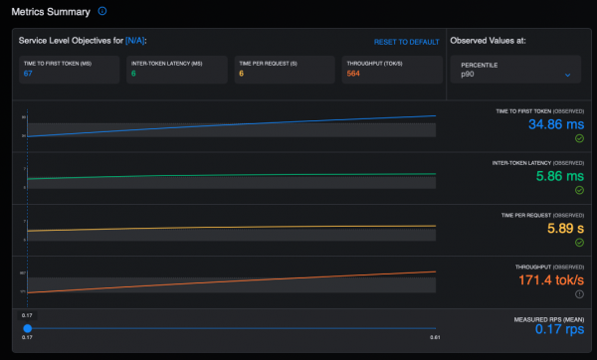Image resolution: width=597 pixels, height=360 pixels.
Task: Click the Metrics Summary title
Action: tap(49, 11)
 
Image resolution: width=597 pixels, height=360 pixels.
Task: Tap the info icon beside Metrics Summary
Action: tap(101, 11)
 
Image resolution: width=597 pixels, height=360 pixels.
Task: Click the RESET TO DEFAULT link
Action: tap(406, 42)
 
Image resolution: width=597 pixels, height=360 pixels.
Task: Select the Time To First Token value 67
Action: tap(29, 73)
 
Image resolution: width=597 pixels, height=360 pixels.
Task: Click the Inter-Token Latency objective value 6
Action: tap(133, 73)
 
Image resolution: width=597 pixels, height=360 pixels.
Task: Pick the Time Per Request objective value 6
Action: tap(241, 73)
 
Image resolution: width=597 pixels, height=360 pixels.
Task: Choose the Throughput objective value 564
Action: tap(352, 73)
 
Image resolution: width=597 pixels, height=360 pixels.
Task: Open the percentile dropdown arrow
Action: tap(567, 75)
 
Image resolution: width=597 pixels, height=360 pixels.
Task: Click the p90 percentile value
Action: tap(467, 75)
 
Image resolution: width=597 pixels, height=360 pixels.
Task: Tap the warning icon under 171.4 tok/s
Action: tap(578, 295)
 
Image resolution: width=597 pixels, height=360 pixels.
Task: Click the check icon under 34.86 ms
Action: tap(578, 140)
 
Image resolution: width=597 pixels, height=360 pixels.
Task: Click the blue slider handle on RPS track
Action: tap(27, 328)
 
